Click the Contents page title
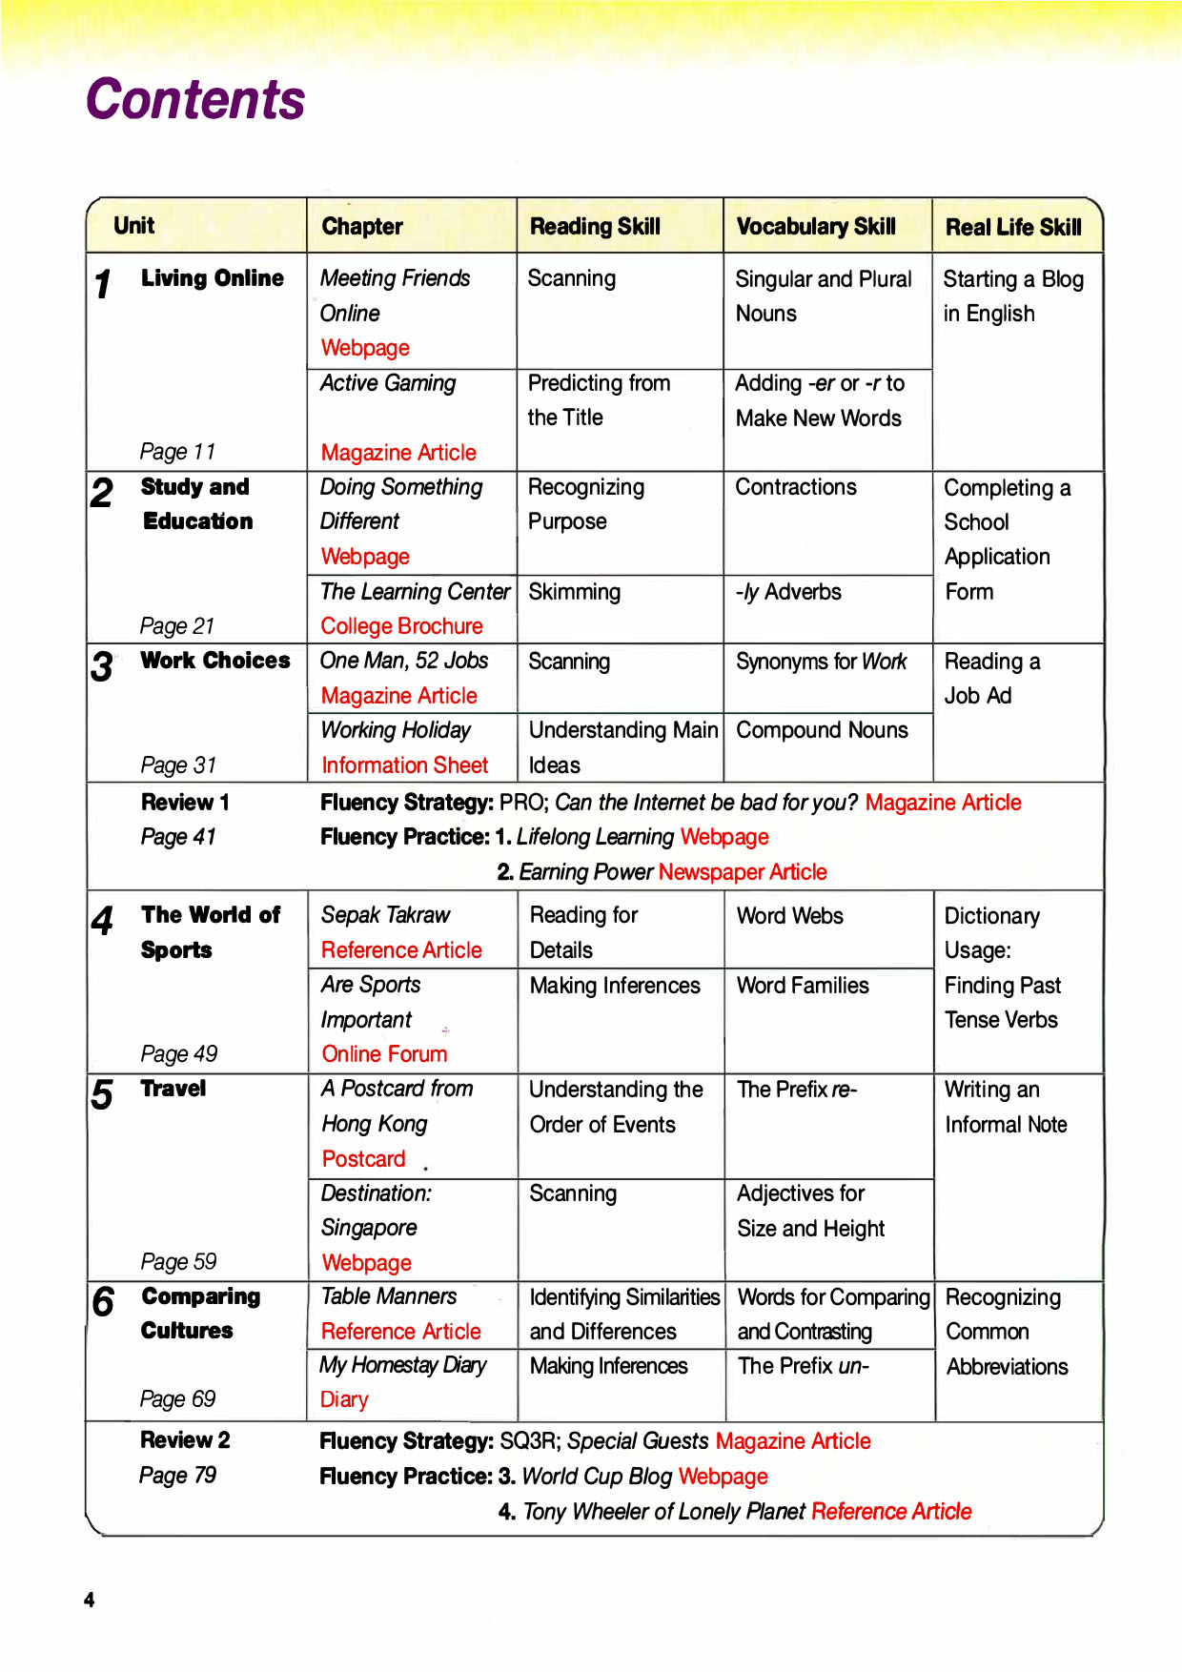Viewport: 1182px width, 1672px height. tap(195, 99)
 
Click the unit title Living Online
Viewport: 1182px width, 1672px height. tap(212, 278)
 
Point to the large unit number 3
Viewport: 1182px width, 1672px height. tap(102, 666)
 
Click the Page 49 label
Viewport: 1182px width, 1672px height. tap(178, 1053)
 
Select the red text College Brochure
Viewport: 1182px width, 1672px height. tap(401, 626)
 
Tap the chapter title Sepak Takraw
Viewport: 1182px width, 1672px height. tap(385, 915)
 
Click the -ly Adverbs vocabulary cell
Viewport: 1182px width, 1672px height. tap(788, 592)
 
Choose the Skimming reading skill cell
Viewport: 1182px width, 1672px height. tap(574, 592)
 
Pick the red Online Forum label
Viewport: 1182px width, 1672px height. tap(384, 1053)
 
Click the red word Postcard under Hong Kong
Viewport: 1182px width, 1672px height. tap(363, 1158)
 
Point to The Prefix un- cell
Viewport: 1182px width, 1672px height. tap(803, 1366)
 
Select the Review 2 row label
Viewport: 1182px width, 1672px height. tap(185, 1439)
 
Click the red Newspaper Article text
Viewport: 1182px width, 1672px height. tap(742, 872)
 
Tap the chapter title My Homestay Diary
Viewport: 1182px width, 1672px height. tap(402, 1365)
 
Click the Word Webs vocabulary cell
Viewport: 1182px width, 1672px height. tap(789, 916)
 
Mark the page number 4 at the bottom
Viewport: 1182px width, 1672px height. tap(89, 1600)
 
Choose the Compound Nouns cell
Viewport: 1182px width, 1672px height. tap(822, 730)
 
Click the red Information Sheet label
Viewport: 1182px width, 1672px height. tap(404, 765)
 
